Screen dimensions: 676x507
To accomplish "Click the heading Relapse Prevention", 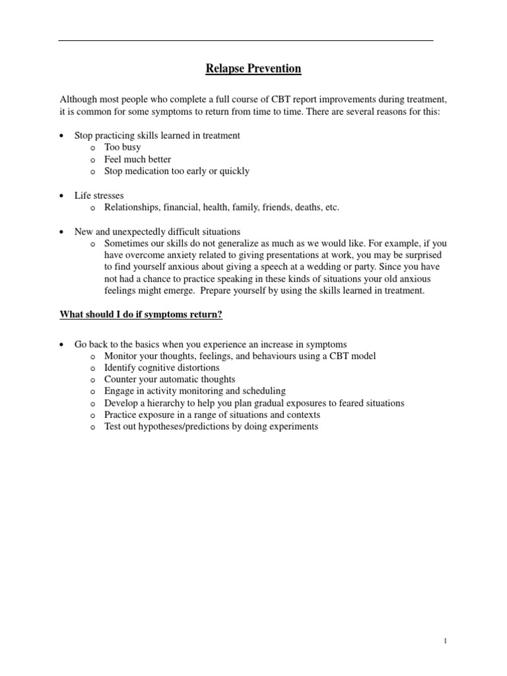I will pyautogui.click(x=253, y=69).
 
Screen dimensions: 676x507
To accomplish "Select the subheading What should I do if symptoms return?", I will pyautogui.click(x=141, y=314).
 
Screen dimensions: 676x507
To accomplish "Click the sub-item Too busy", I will pyautogui.click(x=122, y=147).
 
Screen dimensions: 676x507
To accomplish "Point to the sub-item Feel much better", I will pyautogui.click(x=137, y=159).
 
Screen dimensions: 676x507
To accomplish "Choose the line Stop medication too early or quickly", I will pyautogui.click(x=177, y=171).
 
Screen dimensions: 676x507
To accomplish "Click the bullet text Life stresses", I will pyautogui.click(x=99, y=195).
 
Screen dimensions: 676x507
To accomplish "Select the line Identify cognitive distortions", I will pyautogui.click(x=162, y=368).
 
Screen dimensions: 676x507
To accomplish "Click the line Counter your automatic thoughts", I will pyautogui.click(x=170, y=380).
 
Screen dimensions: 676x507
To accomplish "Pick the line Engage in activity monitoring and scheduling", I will pyautogui.click(x=195, y=391).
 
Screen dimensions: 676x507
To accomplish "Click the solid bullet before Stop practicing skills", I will pyautogui.click(x=61, y=136).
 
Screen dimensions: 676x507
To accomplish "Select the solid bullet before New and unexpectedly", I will pyautogui.click(x=61, y=232).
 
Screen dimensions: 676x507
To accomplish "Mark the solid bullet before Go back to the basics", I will pyautogui.click(x=61, y=345).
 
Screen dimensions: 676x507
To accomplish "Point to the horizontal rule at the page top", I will pyautogui.click(x=246, y=41).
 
